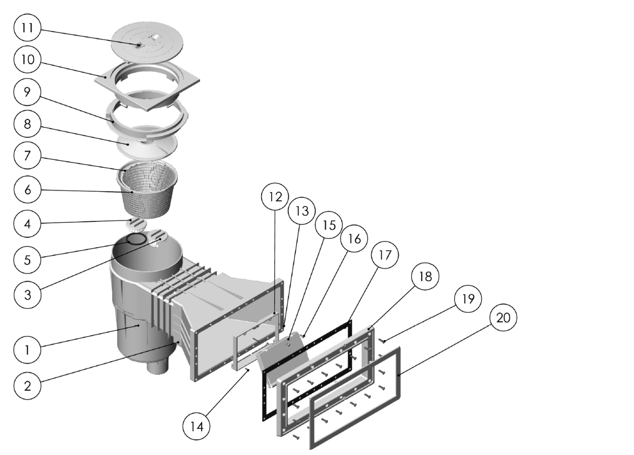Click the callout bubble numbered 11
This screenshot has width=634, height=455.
28,28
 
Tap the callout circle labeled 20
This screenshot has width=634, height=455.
503,317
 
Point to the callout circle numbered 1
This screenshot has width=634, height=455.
28,350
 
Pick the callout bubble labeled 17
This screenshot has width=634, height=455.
385,255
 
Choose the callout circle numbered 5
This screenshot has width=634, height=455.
28,260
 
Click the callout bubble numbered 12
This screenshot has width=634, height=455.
275,197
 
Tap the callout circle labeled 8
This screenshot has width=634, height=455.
28,124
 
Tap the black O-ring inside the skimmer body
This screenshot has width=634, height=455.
137,239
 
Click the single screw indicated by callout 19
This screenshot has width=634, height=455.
383,341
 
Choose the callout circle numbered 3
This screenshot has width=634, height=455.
28,295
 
